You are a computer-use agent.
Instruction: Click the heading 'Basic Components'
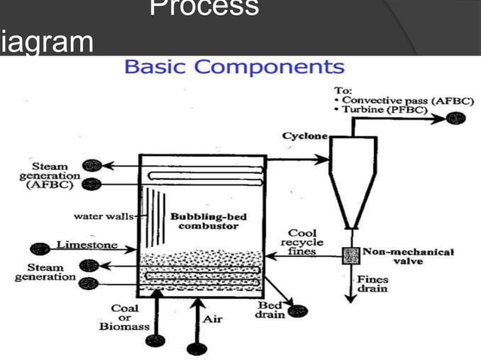click(x=234, y=67)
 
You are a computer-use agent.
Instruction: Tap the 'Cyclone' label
click(x=305, y=136)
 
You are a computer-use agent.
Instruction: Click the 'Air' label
click(x=213, y=319)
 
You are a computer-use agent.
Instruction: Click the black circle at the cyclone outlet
click(x=455, y=117)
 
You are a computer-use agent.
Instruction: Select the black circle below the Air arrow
click(x=197, y=349)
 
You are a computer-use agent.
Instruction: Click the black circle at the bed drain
click(x=302, y=310)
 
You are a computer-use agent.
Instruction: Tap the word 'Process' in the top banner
click(x=204, y=10)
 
